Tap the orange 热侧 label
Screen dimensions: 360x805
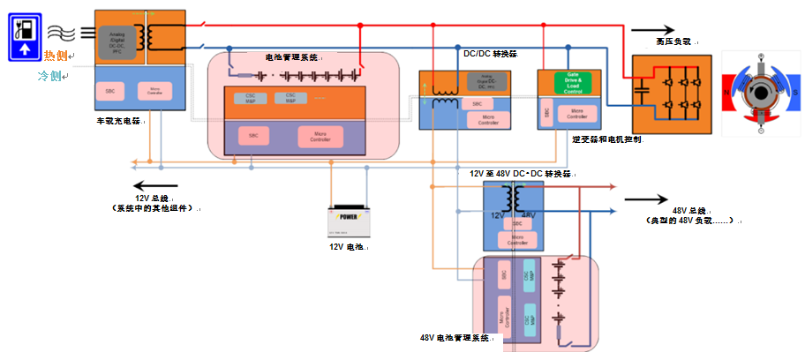[56, 56]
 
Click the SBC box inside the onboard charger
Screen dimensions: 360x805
[111, 91]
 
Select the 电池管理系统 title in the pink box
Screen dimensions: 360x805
[290, 57]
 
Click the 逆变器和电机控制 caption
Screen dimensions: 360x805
[606, 139]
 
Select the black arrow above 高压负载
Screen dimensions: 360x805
[652, 29]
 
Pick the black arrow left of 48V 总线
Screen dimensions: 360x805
[648, 199]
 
